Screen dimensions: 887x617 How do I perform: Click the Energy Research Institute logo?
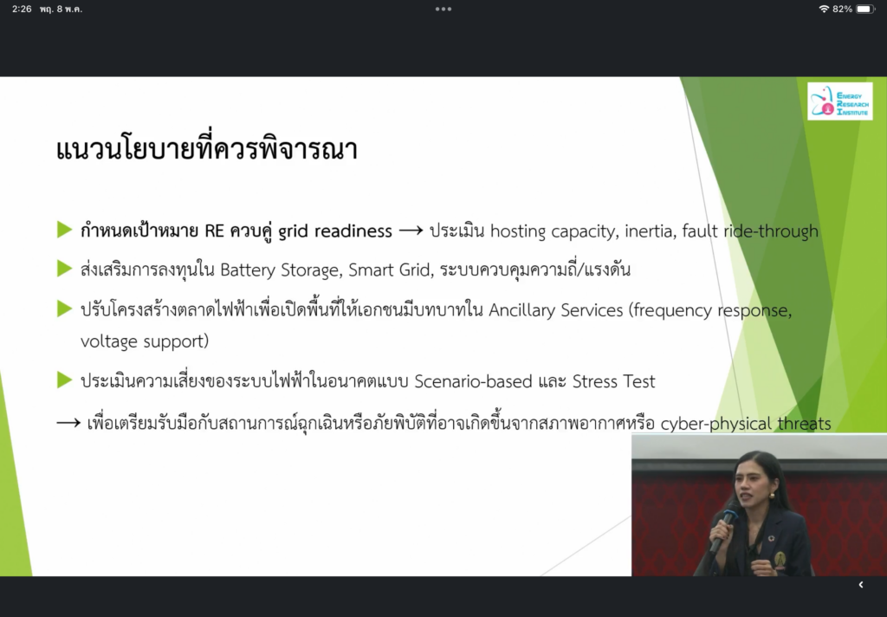pos(839,101)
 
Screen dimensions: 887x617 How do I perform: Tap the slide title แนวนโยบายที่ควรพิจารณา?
pos(206,149)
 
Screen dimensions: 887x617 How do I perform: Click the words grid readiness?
pos(335,231)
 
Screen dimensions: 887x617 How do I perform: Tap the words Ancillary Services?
pos(555,310)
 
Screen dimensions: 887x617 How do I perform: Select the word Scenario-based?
pos(474,381)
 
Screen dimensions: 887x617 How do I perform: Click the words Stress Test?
pos(614,381)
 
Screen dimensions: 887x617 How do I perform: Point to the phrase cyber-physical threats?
pos(746,424)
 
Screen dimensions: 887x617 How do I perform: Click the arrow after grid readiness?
pos(411,231)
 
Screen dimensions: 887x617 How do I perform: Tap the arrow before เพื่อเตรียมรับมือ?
pos(68,423)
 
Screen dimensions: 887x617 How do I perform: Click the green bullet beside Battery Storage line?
pos(64,269)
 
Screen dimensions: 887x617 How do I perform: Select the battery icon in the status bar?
pos(866,9)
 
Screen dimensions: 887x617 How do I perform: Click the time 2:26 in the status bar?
pos(22,9)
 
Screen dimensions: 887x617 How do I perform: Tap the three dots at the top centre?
pos(443,9)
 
